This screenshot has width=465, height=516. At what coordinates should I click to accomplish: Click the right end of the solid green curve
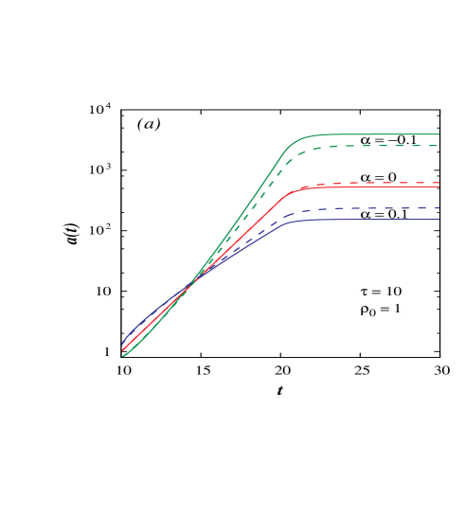[438, 134]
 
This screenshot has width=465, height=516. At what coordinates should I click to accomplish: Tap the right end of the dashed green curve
[438, 146]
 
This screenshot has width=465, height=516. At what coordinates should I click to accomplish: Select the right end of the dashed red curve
[438, 183]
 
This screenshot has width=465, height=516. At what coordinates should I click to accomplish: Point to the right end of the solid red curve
[438, 187]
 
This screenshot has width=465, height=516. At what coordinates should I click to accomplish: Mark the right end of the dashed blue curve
[438, 208]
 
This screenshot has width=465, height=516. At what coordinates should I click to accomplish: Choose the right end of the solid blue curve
[438, 220]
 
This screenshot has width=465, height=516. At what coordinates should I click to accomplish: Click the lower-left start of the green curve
[123, 356]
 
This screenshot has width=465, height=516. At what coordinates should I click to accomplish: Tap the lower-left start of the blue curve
[123, 343]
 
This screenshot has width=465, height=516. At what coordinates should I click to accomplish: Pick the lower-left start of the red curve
[123, 350]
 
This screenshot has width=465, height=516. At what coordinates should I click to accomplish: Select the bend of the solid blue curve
[290, 222]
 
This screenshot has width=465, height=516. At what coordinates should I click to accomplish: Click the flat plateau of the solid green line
[379, 134]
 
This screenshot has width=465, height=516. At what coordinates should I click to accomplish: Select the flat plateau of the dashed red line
[379, 183]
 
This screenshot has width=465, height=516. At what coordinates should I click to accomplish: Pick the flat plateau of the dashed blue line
[379, 208]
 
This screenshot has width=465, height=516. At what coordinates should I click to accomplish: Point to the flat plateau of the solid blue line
[379, 220]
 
